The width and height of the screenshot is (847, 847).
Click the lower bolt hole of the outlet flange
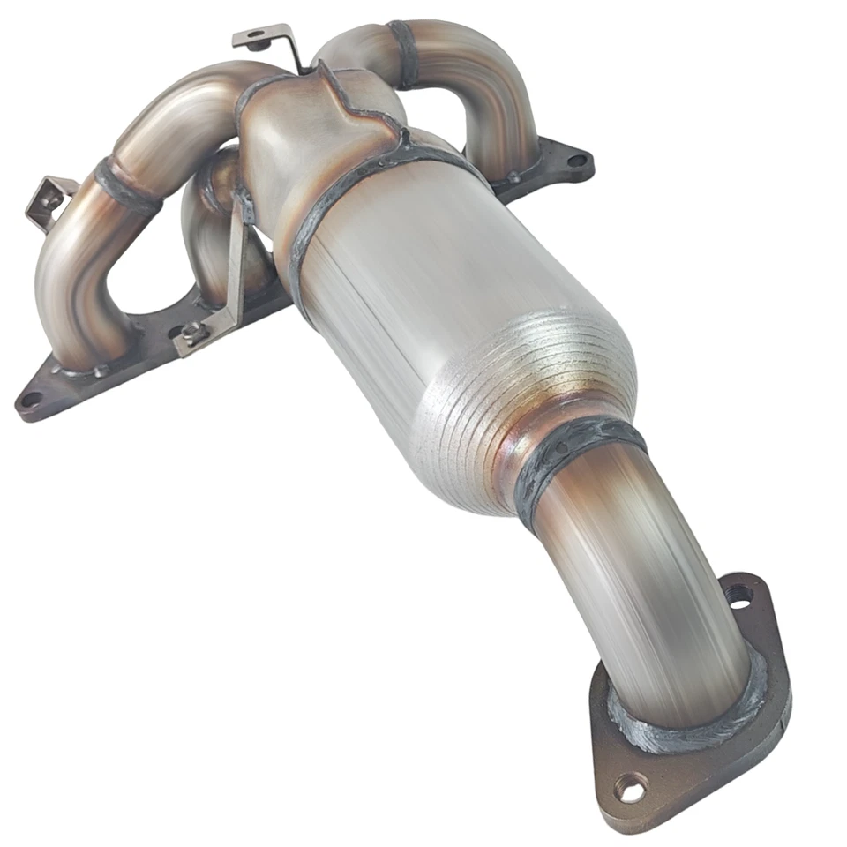pyautogui.click(x=629, y=789)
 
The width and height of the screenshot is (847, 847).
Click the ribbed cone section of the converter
pyautogui.click(x=521, y=388)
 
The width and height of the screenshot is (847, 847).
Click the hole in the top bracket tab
pyautogui.click(x=256, y=37)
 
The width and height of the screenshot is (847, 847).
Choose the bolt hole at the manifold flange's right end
pyautogui.click(x=575, y=161)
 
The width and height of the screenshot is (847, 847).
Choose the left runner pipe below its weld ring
pyautogui.click(x=75, y=282)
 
